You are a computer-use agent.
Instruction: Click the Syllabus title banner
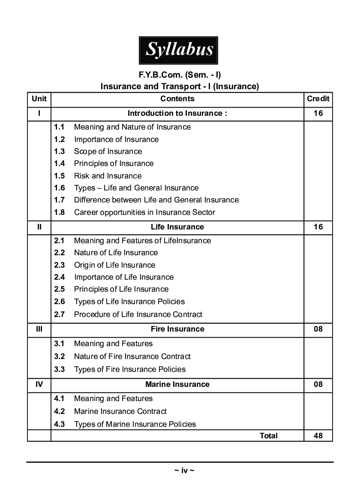tap(178, 50)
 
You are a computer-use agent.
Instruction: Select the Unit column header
tap(39, 99)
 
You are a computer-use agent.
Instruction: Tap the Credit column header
tap(318, 99)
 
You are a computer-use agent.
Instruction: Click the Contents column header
tap(177, 99)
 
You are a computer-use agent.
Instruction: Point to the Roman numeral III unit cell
tap(39, 329)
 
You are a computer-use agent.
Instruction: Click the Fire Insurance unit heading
tap(177, 329)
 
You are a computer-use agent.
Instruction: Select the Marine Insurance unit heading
tap(177, 384)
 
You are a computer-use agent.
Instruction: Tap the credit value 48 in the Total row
tap(318, 436)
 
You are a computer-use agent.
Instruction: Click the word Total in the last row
tap(269, 436)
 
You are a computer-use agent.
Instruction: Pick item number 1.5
tap(60, 176)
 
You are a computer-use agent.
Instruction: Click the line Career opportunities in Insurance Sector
tap(144, 212)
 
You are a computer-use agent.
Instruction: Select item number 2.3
tap(60, 265)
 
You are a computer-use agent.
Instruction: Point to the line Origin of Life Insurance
tap(114, 265)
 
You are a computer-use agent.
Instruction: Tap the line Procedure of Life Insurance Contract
tap(138, 314)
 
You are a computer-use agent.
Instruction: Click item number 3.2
tap(60, 356)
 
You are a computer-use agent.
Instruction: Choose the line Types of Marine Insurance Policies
tap(135, 424)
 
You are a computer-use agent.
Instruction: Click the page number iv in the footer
tap(184, 471)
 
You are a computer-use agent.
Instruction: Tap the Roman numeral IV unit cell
tap(39, 384)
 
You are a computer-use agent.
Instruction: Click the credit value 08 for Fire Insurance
tap(318, 329)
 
